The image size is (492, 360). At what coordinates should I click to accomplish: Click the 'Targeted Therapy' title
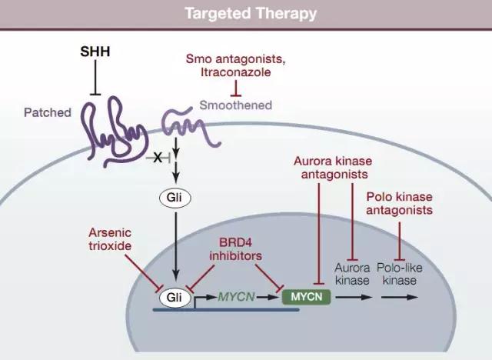245,14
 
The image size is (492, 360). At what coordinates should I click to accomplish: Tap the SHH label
95,52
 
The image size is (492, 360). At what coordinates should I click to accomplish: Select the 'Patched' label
47,112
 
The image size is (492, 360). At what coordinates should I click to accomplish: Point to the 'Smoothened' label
234,105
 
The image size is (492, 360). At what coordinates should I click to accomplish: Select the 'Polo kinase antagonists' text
399,202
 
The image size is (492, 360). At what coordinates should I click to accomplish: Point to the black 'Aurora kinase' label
352,274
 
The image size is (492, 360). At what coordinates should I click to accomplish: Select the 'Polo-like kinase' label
399,274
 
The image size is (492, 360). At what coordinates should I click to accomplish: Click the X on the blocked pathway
158,158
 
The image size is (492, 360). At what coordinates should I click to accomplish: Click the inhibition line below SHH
95,77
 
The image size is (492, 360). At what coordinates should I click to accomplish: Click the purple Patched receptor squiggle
116,126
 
